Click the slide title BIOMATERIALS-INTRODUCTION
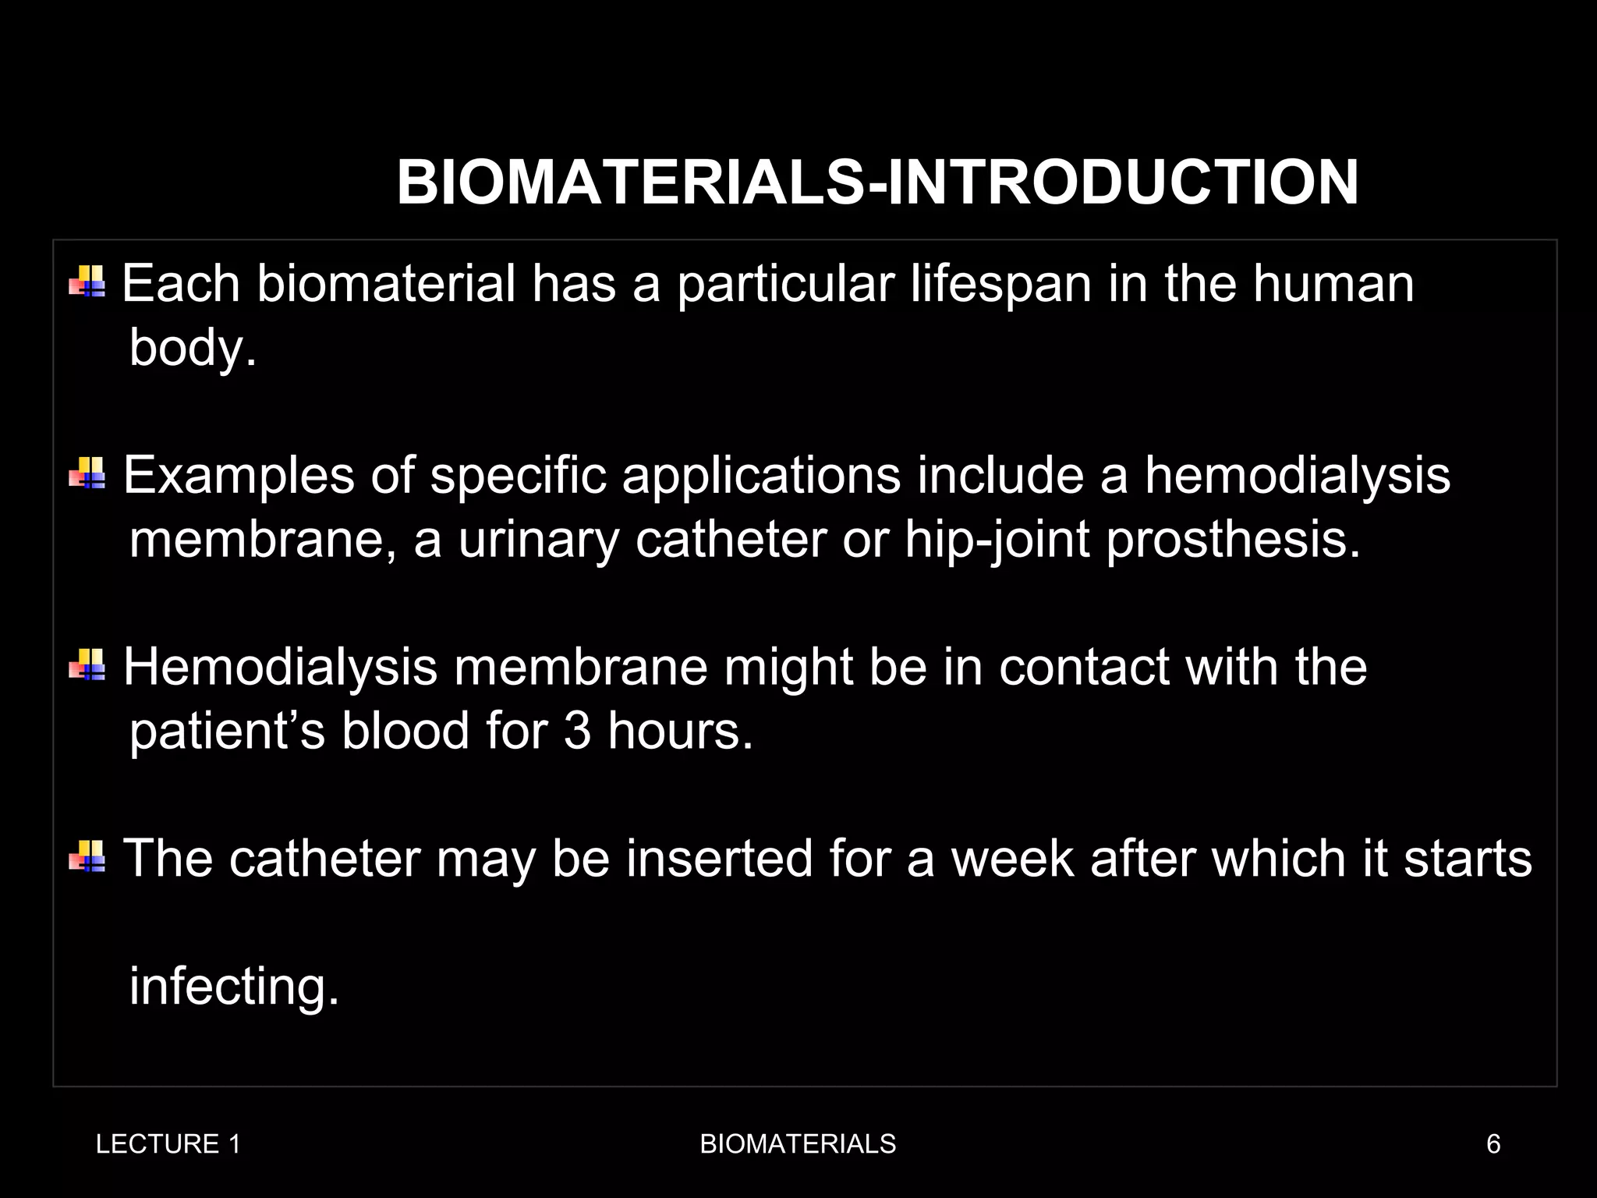click(x=877, y=183)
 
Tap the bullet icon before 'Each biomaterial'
click(x=87, y=282)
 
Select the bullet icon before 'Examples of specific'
click(x=87, y=473)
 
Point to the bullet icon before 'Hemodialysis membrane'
click(x=87, y=665)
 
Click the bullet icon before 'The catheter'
click(x=87, y=856)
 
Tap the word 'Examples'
click(x=239, y=476)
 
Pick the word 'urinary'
click(x=538, y=540)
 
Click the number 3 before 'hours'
click(x=577, y=732)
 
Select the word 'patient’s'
click(x=227, y=732)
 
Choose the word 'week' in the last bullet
click(x=1012, y=859)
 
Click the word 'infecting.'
click(x=234, y=987)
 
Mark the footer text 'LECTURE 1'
click(x=168, y=1144)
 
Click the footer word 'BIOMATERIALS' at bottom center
click(x=798, y=1144)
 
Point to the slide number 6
click(x=1493, y=1144)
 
